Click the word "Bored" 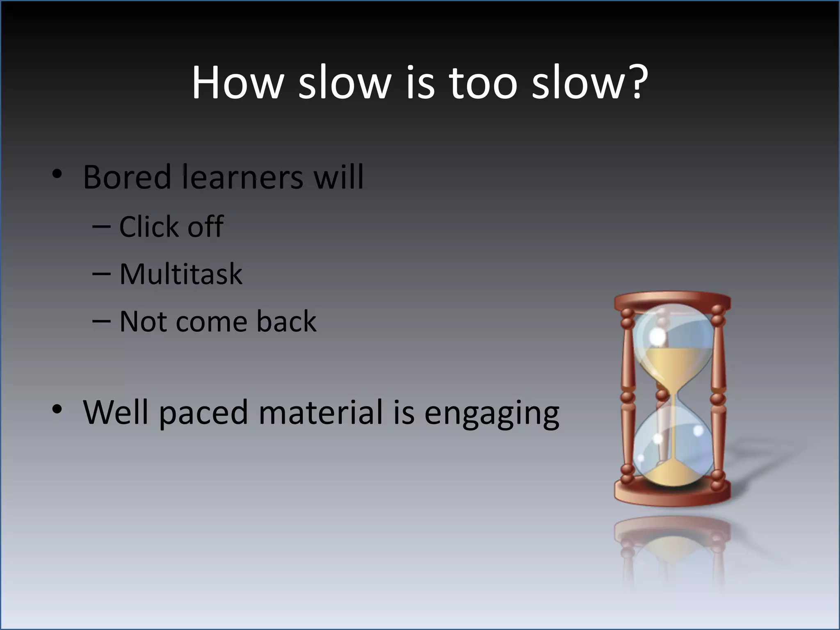pos(127,177)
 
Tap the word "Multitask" pos(180,274)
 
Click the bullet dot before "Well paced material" pos(57,409)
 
